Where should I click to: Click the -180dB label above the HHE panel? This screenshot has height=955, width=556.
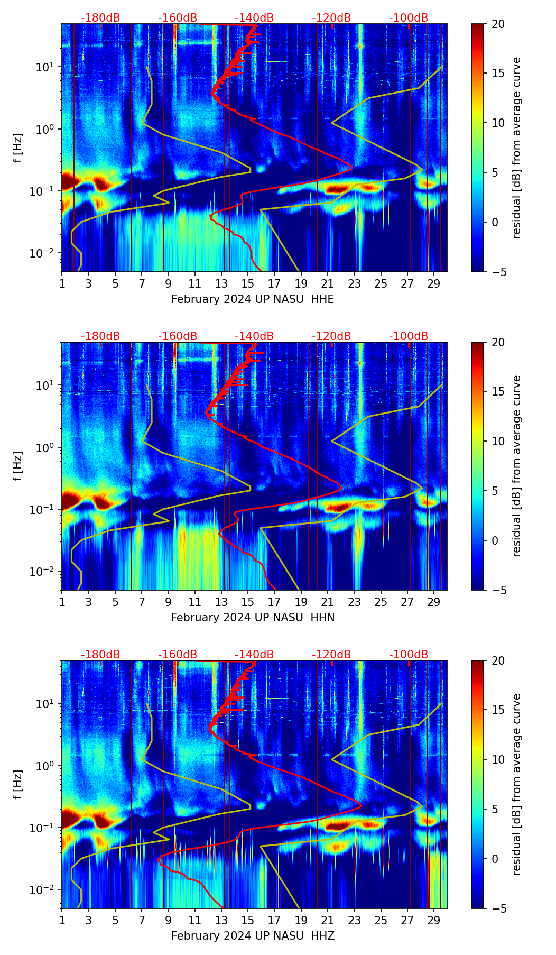point(100,18)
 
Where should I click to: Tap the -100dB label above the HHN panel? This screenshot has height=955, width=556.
point(409,336)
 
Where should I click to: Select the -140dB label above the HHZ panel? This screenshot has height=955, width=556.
point(254,655)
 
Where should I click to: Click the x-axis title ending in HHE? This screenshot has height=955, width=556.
point(253,299)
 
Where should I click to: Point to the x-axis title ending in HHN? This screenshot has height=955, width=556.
point(253,618)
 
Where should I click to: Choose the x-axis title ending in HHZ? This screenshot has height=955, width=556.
point(253,936)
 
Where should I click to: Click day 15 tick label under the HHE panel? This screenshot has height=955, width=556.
point(248,283)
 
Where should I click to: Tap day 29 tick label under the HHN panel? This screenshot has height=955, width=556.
point(434,602)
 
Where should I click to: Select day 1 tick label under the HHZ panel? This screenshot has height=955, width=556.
point(62,920)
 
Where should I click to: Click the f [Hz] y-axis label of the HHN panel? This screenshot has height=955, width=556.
point(18,466)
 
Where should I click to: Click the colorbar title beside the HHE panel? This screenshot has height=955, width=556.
point(517,148)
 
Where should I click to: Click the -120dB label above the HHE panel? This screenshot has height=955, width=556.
point(331,18)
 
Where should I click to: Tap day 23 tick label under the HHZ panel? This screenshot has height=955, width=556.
point(354,920)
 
